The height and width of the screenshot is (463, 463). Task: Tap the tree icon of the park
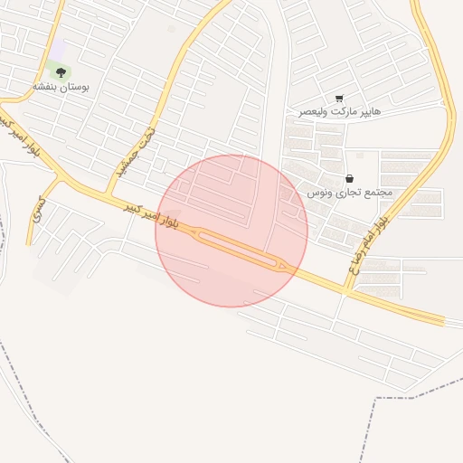point(61,71)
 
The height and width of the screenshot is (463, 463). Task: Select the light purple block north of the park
point(58,49)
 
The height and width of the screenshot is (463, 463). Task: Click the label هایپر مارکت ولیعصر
point(340,112)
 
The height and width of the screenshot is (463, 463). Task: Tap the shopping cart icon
point(339,99)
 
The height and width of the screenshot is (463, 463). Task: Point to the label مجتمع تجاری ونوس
point(349,193)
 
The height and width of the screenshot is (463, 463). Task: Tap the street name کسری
point(38,212)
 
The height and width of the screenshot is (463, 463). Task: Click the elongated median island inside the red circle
point(237,248)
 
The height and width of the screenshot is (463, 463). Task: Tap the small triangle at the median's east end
point(283,265)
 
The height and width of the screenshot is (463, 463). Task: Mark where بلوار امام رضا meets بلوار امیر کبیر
point(345,291)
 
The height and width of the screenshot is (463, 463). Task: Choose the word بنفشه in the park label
point(45,86)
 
